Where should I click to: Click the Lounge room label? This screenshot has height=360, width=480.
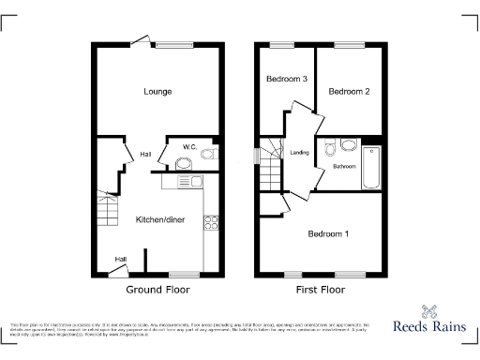[x=157, y=92]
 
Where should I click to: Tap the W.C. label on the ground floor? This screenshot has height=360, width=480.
[x=189, y=146]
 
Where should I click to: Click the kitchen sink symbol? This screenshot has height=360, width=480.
[x=183, y=165]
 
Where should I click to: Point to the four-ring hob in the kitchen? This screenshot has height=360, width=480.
[x=211, y=223]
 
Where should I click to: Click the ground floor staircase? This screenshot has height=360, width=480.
[x=108, y=209]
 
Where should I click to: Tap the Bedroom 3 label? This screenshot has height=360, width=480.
[x=287, y=80]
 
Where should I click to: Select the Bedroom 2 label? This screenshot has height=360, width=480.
[x=348, y=91]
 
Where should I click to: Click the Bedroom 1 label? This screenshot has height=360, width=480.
[x=329, y=233]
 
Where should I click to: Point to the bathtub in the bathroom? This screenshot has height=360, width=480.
[x=371, y=166]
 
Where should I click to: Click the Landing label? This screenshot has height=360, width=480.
[x=300, y=153]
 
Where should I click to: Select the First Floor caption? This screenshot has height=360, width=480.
[x=320, y=290]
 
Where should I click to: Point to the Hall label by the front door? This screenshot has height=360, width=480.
[x=121, y=260]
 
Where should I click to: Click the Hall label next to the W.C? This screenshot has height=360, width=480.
[x=146, y=154]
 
